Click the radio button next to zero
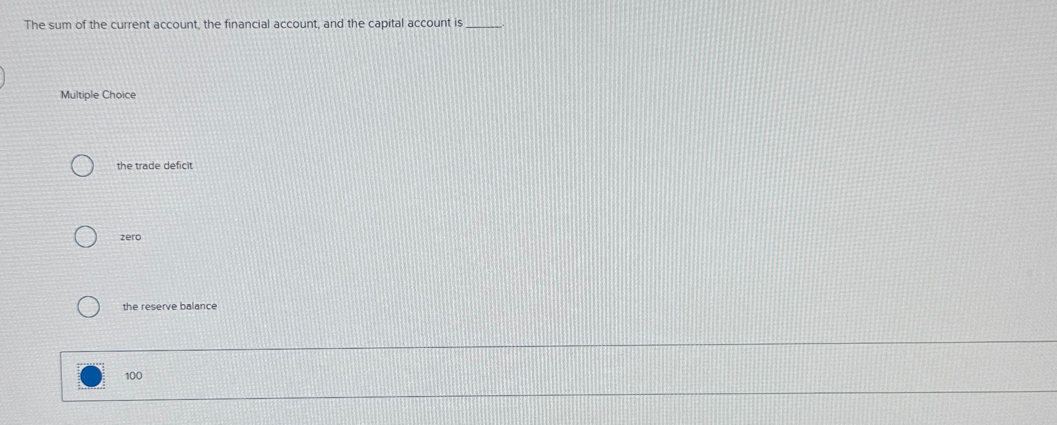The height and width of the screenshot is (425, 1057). [86, 237]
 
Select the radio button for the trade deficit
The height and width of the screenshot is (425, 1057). [82, 166]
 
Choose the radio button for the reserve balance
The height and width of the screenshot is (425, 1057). [88, 307]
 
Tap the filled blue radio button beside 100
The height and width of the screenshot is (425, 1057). [91, 376]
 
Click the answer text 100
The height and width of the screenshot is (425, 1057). [133, 376]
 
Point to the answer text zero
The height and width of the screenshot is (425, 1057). [131, 237]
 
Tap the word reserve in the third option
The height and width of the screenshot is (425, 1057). [159, 306]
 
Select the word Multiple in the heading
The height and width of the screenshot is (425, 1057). [79, 95]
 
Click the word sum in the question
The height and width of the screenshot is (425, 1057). [60, 25]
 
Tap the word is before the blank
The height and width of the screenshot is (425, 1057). [458, 23]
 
